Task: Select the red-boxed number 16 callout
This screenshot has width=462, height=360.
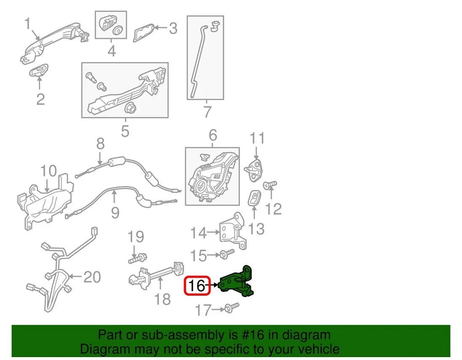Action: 197,286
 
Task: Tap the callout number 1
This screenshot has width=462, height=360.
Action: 28,23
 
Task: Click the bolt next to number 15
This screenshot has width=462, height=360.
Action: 226,253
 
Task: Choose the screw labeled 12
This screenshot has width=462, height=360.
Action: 270,185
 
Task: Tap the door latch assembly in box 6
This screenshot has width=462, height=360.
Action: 212,175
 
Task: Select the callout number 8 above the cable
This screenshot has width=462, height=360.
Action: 100,144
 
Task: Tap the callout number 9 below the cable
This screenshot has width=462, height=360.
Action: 115,212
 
